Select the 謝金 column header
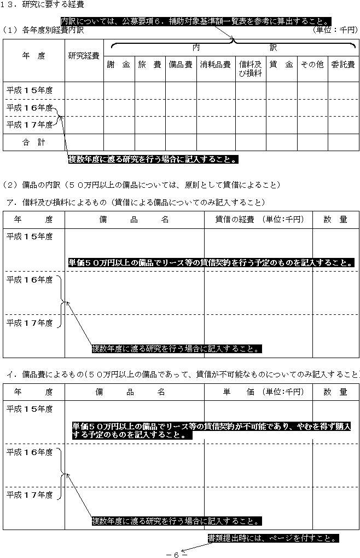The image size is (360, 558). point(119,65)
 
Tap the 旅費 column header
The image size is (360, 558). point(149,65)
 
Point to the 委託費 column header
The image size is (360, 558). point(343,65)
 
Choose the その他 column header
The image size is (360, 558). point(312,65)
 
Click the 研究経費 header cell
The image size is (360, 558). point(84,56)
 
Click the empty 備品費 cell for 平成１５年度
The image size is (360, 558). point(181,90)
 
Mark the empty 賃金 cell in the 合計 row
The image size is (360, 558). point(281,142)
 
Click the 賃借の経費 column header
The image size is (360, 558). point(258,220)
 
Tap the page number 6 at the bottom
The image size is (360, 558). point(176,554)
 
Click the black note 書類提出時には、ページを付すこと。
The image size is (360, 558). point(273,538)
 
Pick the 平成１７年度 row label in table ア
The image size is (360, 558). point(30,323)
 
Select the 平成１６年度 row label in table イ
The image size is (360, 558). point(30,452)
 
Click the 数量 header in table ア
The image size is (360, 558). point(335,220)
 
